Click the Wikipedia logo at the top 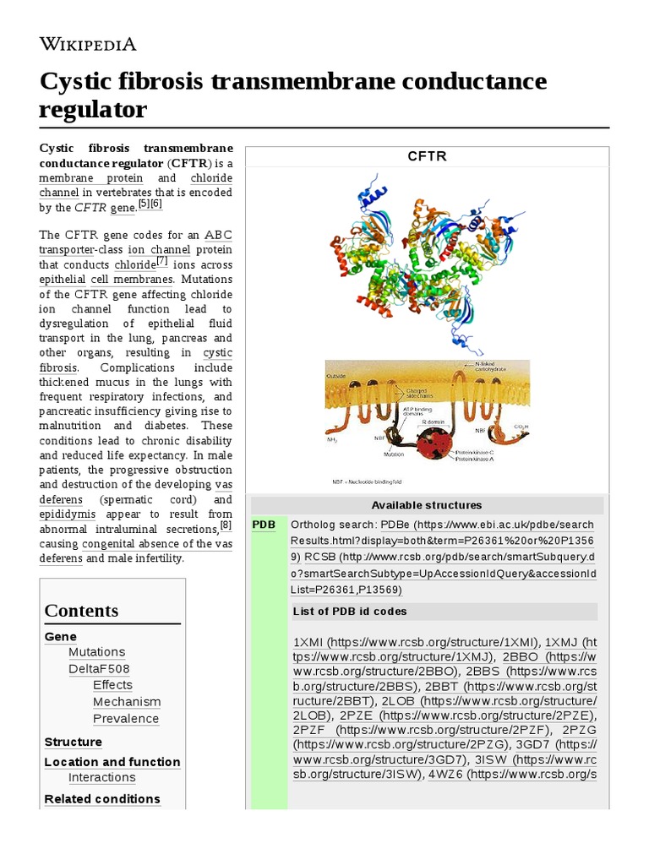[x=88, y=44]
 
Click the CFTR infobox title [x=427, y=156]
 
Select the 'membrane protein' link [x=90, y=178]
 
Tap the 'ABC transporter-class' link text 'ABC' [x=218, y=235]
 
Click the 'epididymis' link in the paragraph [x=67, y=514]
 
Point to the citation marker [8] [x=226, y=525]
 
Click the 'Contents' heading [x=81, y=611]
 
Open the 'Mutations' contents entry [x=96, y=652]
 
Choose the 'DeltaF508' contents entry [x=99, y=669]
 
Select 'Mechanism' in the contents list [x=126, y=702]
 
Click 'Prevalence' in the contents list [x=126, y=719]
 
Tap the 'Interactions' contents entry [x=101, y=778]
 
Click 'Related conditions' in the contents [x=102, y=799]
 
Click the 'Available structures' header [x=427, y=505]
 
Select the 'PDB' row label [x=264, y=525]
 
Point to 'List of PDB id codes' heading [x=350, y=612]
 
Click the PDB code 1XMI [x=308, y=642]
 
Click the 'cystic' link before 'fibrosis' [x=217, y=353]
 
